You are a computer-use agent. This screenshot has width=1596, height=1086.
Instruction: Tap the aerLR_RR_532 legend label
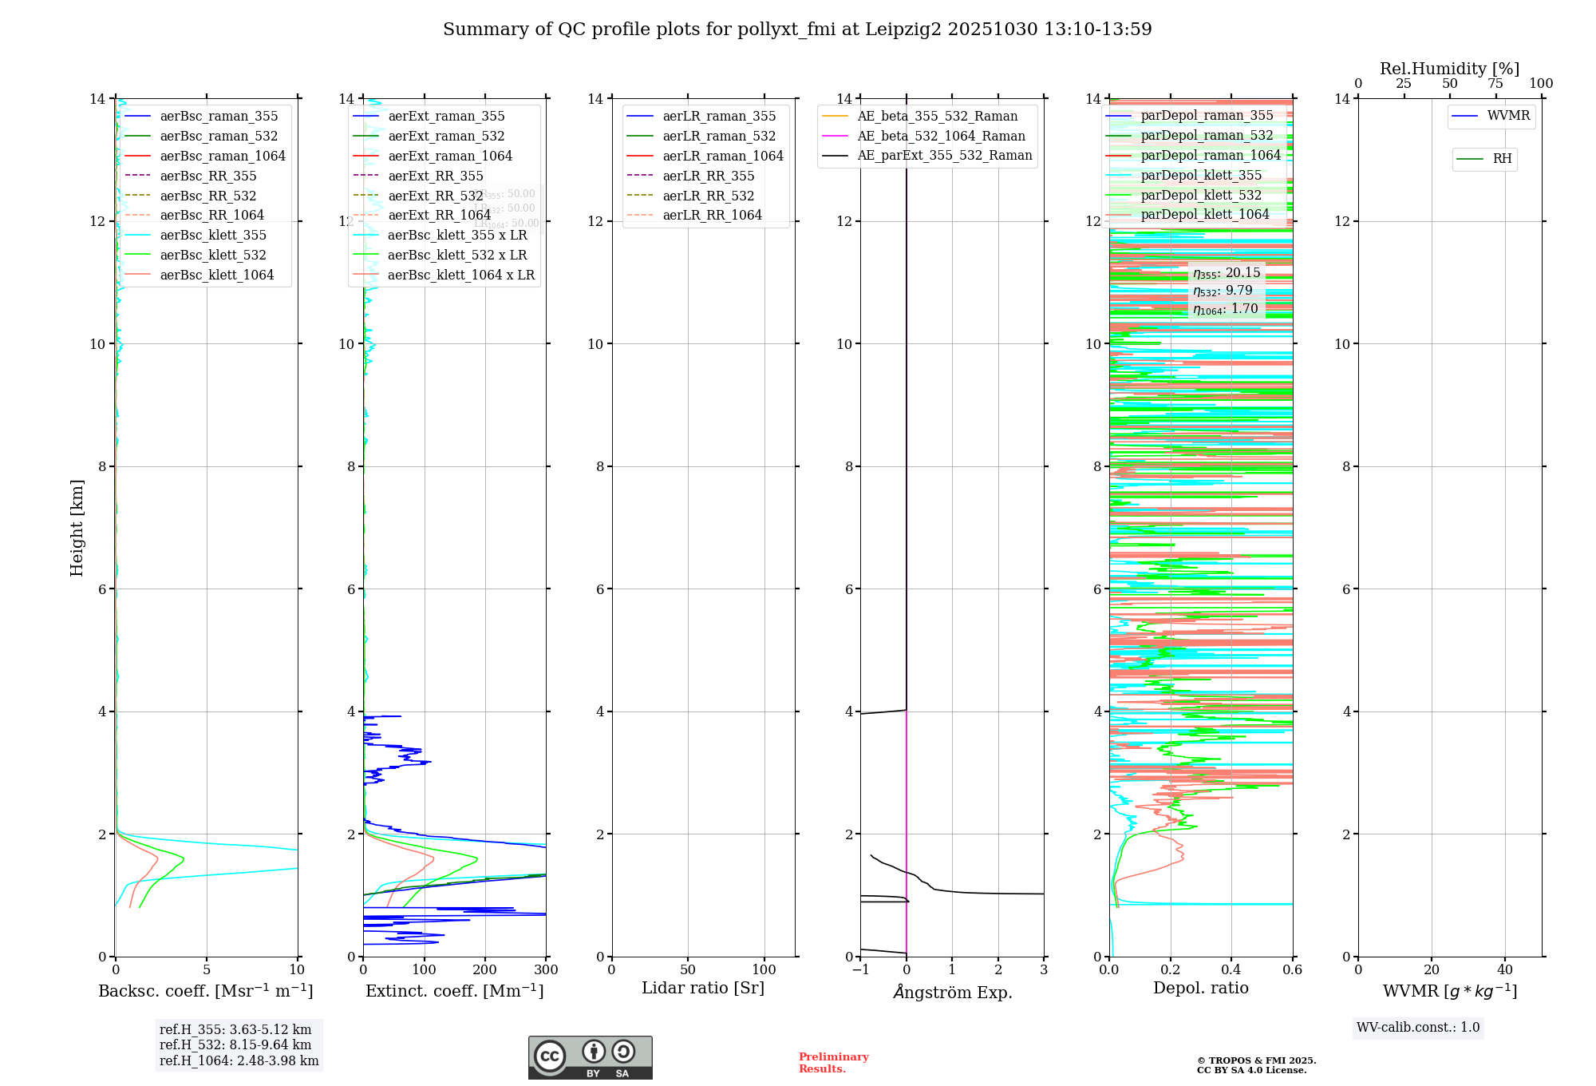coord(708,196)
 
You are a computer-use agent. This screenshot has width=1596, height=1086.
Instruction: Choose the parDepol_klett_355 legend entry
coord(1201,175)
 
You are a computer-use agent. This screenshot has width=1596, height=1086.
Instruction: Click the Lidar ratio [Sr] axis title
coord(703,988)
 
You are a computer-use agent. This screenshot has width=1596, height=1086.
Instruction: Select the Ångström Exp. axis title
coord(952,992)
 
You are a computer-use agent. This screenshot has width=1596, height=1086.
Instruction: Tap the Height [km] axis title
coord(77,527)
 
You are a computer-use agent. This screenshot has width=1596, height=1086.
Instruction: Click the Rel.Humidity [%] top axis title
coord(1449,69)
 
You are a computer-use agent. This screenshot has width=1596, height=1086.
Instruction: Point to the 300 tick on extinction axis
coord(546,970)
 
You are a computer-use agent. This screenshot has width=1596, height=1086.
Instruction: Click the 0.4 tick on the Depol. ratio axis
coord(1231,970)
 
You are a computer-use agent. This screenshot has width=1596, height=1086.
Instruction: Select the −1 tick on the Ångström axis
coord(860,970)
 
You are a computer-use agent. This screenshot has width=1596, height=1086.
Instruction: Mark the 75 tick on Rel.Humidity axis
coord(1495,83)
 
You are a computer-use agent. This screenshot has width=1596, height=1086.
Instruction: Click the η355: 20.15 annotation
coord(1227,273)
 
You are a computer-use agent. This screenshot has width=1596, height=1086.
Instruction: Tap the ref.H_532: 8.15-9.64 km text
coord(235,1044)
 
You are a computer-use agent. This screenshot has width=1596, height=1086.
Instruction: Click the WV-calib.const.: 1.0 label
coord(1418,1028)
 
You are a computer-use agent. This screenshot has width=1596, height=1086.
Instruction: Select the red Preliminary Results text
coord(833,1063)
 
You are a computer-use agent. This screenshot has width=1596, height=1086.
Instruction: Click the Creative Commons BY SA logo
coord(590,1058)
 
